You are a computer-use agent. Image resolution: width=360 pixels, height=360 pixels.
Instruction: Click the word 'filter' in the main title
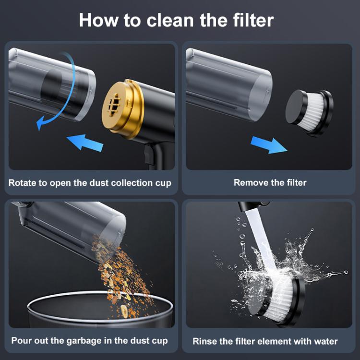coord(253,20)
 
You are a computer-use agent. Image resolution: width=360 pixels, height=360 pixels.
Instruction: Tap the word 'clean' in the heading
coord(170,20)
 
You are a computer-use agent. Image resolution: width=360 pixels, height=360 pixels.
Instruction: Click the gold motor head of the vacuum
coord(123,108)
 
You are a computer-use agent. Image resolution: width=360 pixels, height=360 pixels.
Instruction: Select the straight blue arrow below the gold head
coord(85,143)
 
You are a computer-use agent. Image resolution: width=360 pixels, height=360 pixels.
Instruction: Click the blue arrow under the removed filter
coord(269,144)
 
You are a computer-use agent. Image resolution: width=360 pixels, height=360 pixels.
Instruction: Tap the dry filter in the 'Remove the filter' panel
coord(309,113)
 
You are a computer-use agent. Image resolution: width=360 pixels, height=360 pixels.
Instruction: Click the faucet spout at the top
coord(252,206)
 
